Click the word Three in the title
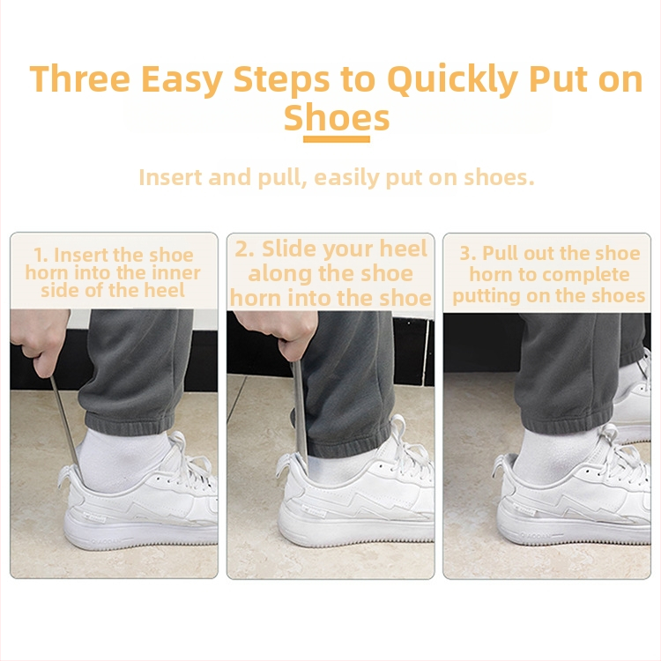80,78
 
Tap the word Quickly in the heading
452,80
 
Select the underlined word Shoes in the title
337,117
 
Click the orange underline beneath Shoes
337,139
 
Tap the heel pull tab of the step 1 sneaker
67,476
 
